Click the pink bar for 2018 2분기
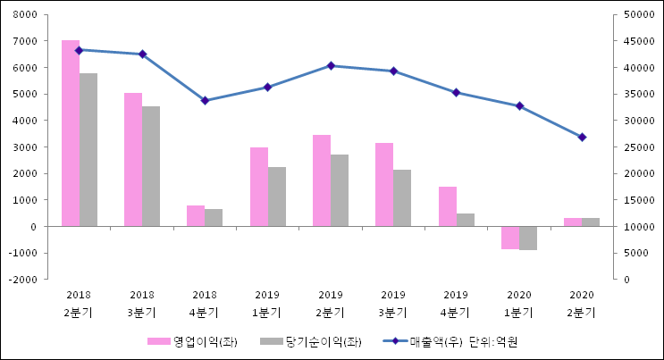[x=71, y=133]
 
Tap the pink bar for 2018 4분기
[x=196, y=216]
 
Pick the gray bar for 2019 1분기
[x=277, y=197]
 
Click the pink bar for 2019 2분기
[x=322, y=180]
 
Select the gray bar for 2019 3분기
[x=402, y=198]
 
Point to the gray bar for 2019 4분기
[x=466, y=220]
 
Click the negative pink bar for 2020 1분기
[x=510, y=238]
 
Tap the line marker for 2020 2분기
[x=582, y=137]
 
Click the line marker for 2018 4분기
[x=205, y=100]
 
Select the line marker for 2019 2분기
[x=331, y=65]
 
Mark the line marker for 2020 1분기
[x=519, y=106]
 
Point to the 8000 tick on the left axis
[x=24, y=15]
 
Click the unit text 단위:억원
[x=494, y=341]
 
